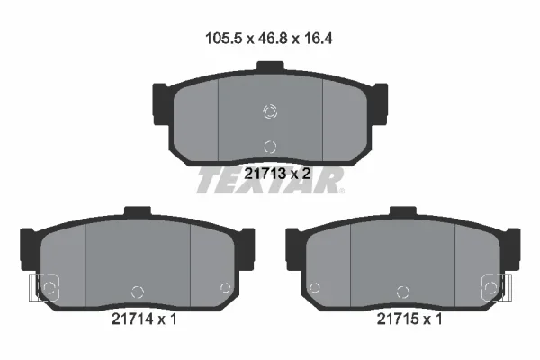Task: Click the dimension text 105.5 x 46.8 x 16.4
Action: coord(268,38)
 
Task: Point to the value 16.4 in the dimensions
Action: coord(319,38)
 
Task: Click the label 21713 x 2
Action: coord(277,174)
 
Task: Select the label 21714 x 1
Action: coord(144,319)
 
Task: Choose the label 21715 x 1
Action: coord(409,319)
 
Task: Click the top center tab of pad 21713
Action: coord(270,66)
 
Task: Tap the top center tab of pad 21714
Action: coord(138,211)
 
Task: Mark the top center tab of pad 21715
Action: coord(403,211)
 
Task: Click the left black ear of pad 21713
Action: coord(161,104)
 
